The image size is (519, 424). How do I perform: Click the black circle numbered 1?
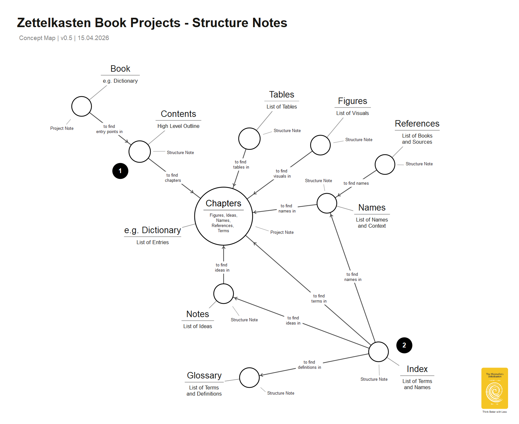click(x=120, y=171)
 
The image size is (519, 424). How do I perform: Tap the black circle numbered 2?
click(x=404, y=345)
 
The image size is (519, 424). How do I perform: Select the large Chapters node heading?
click(x=223, y=203)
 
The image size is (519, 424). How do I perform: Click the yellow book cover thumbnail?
click(x=494, y=388)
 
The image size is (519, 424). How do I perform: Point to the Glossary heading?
click(x=204, y=376)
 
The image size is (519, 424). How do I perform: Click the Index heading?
click(x=417, y=369)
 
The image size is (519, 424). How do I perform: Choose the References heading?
click(x=417, y=124)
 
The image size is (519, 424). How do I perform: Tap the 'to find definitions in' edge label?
click(x=309, y=365)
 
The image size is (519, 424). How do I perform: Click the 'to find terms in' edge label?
click(x=319, y=299)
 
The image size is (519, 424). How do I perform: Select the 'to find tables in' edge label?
click(x=241, y=165)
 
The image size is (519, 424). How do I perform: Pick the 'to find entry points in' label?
click(x=109, y=129)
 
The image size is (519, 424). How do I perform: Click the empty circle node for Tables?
click(x=249, y=139)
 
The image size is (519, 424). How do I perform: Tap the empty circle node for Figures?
click(x=320, y=145)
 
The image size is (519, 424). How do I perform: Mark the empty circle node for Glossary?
click(x=249, y=377)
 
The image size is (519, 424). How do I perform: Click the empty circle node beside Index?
click(x=378, y=352)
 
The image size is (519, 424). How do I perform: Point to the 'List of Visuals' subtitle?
click(x=352, y=113)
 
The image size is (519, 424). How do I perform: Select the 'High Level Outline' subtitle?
click(x=178, y=126)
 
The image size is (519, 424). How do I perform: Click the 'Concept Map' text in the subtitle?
click(x=37, y=38)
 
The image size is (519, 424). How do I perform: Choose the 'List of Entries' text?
click(x=152, y=243)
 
